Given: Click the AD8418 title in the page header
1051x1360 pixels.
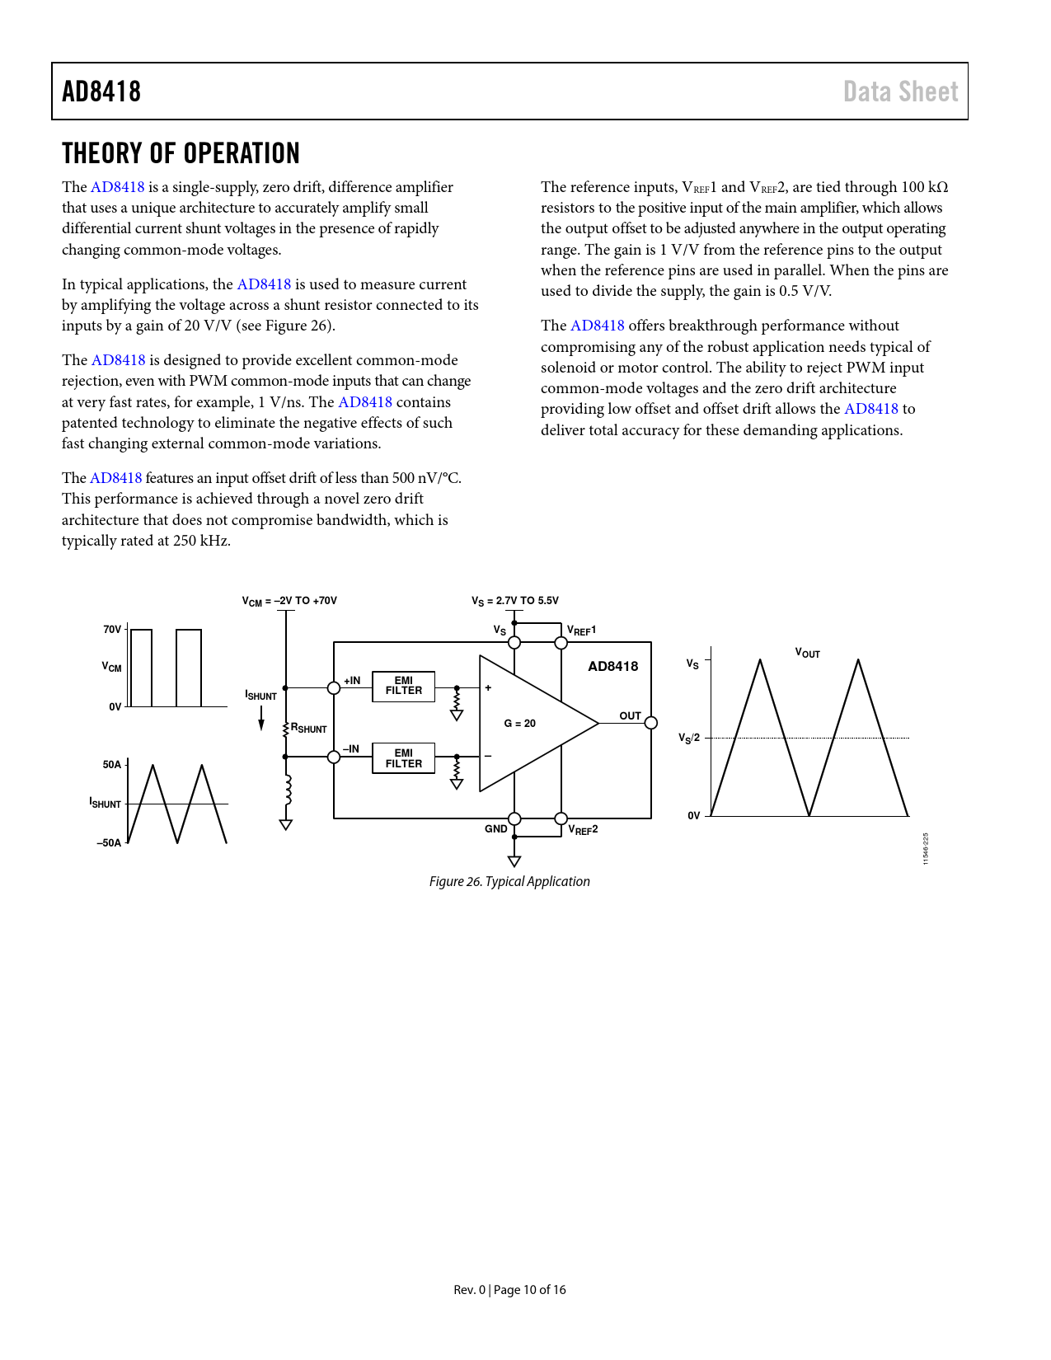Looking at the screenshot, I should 101,91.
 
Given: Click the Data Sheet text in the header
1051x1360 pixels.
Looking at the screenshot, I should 900,91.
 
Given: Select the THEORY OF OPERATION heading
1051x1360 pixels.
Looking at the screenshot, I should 181,153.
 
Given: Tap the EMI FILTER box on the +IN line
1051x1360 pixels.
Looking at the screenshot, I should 403,686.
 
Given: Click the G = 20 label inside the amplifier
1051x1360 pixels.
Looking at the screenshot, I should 519,724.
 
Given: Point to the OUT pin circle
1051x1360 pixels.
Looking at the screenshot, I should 651,723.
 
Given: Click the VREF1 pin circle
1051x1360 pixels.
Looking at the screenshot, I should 561,643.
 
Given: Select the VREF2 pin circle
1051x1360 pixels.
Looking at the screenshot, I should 561,818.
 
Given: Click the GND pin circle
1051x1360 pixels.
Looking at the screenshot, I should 514,818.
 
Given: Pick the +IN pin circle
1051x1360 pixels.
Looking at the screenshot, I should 334,688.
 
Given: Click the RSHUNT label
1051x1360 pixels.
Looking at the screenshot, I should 309,729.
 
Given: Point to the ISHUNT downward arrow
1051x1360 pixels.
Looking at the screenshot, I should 261,718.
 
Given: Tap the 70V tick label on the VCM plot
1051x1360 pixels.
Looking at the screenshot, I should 112,630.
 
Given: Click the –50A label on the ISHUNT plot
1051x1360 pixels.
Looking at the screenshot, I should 109,843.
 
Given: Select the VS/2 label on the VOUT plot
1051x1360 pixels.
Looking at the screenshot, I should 689,738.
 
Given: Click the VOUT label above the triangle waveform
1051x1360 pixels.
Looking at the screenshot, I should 807,653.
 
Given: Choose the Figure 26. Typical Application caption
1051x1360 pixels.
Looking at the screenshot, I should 509,881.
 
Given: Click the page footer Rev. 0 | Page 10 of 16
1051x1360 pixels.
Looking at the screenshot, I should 509,1290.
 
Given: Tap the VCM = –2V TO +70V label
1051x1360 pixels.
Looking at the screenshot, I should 289,601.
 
